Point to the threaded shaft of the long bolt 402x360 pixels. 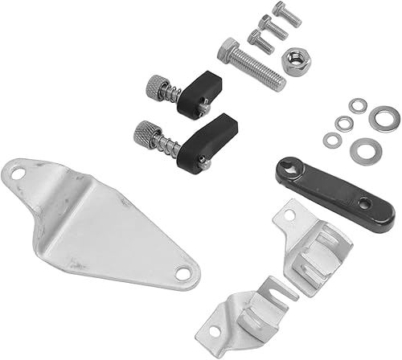coord(261,69)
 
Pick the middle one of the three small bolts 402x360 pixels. coord(272,27)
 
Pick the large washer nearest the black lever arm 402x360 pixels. coord(359,149)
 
